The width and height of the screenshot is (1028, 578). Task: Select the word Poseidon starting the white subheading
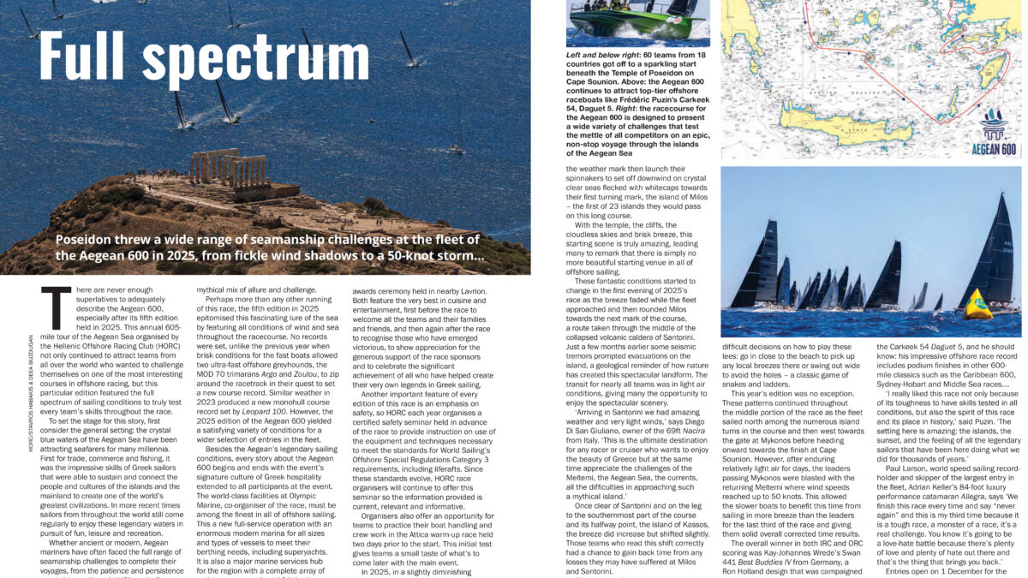click(88, 240)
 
